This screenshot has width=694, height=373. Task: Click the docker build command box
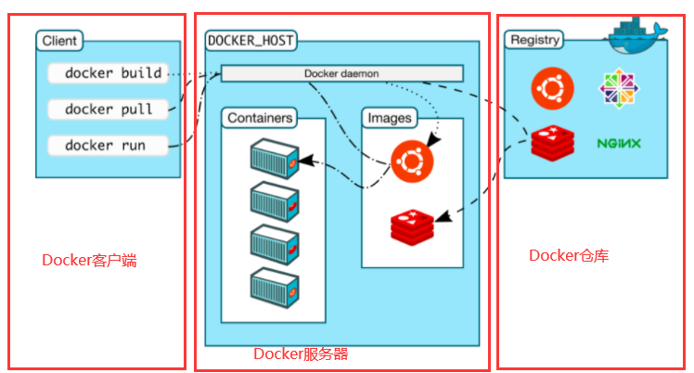(109, 73)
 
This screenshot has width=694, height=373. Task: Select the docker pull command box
(109, 109)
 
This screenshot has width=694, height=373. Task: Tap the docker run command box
(109, 145)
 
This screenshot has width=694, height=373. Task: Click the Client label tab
(59, 41)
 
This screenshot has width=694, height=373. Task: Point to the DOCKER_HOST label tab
(251, 41)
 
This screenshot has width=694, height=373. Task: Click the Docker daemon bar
(341, 73)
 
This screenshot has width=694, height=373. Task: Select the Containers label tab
(260, 118)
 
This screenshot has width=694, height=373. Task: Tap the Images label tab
(390, 118)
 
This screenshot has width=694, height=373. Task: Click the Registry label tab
(534, 40)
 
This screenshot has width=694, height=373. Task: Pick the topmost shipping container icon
(275, 159)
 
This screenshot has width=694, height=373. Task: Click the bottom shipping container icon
(275, 288)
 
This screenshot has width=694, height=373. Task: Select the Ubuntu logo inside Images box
(412, 161)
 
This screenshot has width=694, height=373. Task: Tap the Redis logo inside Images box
(412, 227)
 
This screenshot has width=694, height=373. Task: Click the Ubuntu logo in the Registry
(552, 88)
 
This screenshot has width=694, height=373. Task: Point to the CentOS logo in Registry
(619, 88)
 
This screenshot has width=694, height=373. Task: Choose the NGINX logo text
(619, 144)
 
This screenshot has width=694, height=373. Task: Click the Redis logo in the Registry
(553, 143)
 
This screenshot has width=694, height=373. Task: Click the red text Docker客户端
(89, 260)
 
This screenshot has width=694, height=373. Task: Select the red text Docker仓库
(569, 255)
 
